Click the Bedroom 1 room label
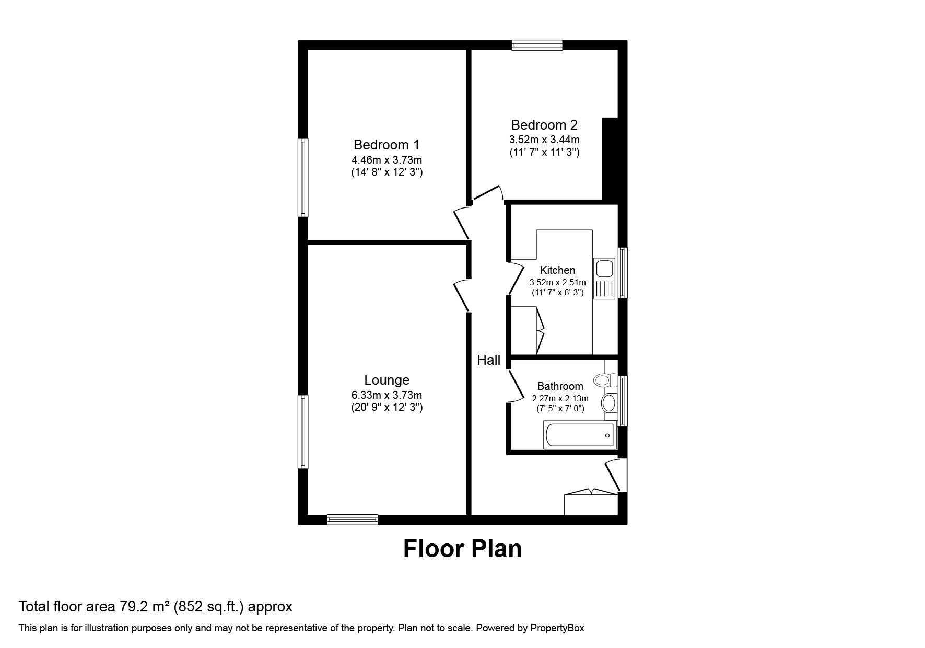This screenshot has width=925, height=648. pyautogui.click(x=387, y=144)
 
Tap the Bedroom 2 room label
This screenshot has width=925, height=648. pyautogui.click(x=544, y=125)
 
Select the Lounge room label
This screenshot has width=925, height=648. pyautogui.click(x=387, y=380)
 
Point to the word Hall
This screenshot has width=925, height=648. pyautogui.click(x=489, y=360)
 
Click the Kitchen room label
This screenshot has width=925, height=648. pyautogui.click(x=557, y=270)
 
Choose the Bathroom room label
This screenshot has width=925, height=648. pyautogui.click(x=560, y=386)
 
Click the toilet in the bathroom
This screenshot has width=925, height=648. pyautogui.click(x=606, y=380)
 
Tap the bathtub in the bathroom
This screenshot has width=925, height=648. pyautogui.click(x=579, y=435)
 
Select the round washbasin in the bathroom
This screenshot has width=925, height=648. pyautogui.click(x=609, y=403)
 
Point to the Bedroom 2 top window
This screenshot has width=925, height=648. pyautogui.click(x=537, y=45)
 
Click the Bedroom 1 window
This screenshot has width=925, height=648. pyautogui.click(x=303, y=177)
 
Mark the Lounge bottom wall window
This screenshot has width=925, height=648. pyautogui.click(x=352, y=519)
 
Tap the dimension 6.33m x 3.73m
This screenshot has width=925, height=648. pyautogui.click(x=387, y=395)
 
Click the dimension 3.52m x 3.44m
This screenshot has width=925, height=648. pyautogui.click(x=544, y=140)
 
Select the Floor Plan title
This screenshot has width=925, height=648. pyautogui.click(x=463, y=549)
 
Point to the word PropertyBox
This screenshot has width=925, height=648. pyautogui.click(x=557, y=628)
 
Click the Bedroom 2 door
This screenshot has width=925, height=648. pyautogui.click(x=487, y=194)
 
